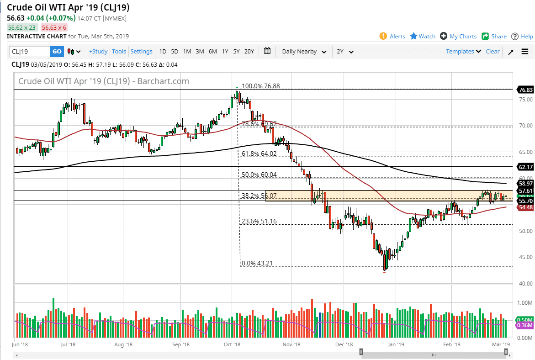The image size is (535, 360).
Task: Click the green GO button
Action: [x=57, y=52]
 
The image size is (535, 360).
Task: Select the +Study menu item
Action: [x=98, y=52]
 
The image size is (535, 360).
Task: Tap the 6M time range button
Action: [x=212, y=52]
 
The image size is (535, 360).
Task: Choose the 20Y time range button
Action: [x=249, y=52]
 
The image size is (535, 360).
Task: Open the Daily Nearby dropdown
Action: [x=304, y=52]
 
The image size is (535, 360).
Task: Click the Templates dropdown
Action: [x=463, y=52]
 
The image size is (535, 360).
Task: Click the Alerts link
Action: [x=393, y=37]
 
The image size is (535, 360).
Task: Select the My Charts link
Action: [x=459, y=37]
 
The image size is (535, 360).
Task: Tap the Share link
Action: [x=494, y=37]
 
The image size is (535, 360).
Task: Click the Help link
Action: [x=522, y=37]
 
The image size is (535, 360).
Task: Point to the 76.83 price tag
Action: [x=526, y=90]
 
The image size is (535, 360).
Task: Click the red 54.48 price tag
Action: [x=526, y=207]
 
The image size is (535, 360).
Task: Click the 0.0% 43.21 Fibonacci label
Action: [x=257, y=263]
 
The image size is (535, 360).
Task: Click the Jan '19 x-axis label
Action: [x=396, y=344]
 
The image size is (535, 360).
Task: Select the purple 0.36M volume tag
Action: [x=526, y=325]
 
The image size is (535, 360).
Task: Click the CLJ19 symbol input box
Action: [x=31, y=52]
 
